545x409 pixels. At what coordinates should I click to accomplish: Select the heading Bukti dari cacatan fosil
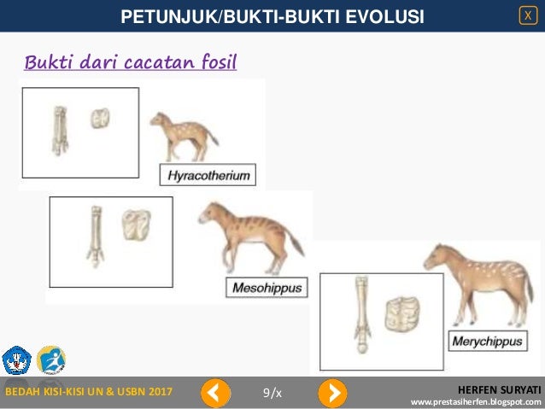[130, 62]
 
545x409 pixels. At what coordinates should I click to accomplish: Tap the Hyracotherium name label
[208, 176]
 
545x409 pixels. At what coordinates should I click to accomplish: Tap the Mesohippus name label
[267, 288]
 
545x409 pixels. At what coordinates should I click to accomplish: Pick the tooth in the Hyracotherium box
[102, 120]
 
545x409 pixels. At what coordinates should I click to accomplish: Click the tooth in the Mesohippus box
[135, 225]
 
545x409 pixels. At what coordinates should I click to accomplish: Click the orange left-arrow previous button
[216, 392]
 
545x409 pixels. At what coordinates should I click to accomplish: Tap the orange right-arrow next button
[332, 392]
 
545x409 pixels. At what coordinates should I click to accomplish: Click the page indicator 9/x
[272, 392]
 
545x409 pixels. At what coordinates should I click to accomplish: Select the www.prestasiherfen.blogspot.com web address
[476, 401]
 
